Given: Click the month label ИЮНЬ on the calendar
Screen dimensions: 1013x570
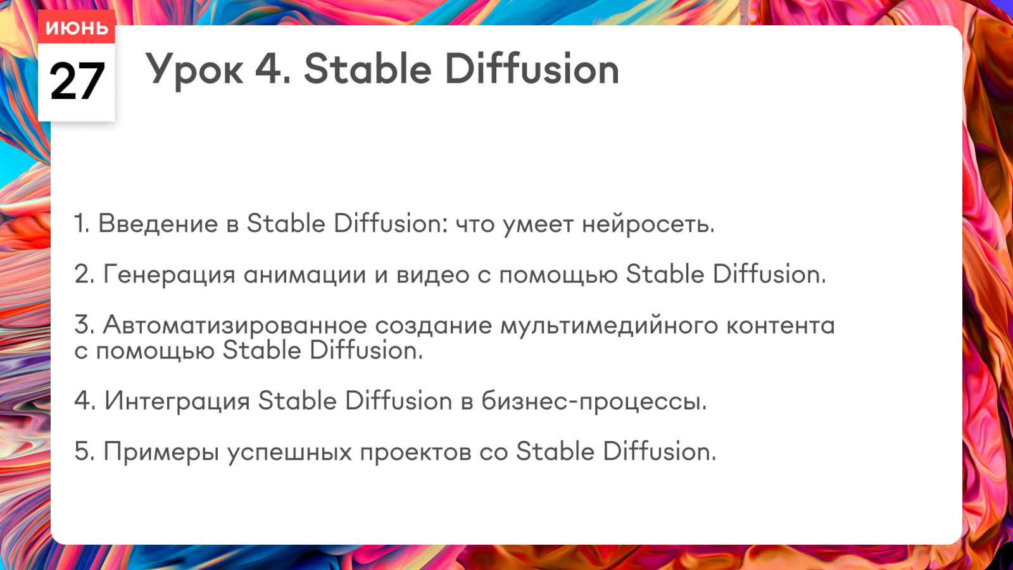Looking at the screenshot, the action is click(77, 28).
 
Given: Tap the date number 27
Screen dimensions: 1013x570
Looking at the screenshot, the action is click(77, 82).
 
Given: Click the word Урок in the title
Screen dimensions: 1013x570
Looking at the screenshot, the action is click(194, 70).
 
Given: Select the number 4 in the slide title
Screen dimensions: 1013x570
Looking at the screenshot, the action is click(270, 69).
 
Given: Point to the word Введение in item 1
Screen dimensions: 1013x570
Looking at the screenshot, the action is click(158, 224).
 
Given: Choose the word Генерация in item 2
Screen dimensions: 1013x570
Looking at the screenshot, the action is click(170, 275).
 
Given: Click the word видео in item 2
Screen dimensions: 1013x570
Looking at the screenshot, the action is click(433, 275).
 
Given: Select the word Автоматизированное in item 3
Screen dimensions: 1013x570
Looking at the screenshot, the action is click(235, 326).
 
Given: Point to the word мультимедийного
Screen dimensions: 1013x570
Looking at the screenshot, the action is click(609, 326).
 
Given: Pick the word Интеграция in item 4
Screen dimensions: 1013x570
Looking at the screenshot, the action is click(177, 402).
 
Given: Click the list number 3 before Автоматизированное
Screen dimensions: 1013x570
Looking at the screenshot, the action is click(83, 325).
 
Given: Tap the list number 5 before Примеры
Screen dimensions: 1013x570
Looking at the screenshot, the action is click(83, 452).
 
